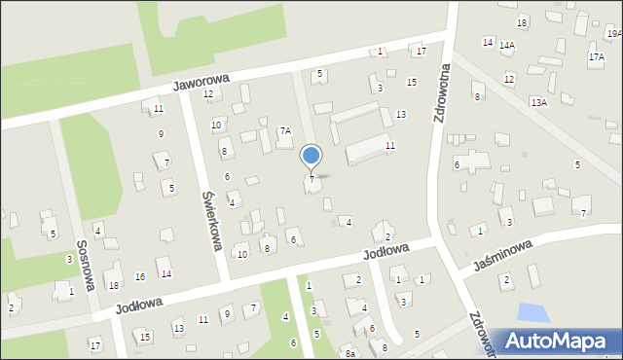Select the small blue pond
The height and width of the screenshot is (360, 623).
point(532,313)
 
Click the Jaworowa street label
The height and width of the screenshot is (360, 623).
point(201,84)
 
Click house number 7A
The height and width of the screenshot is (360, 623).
point(285,130)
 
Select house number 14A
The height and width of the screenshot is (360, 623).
point(507,45)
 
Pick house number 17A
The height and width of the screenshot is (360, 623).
point(596,57)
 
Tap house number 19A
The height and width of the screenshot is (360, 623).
point(614,33)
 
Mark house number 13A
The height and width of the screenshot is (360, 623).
point(538,101)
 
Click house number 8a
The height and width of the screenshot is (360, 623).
point(349,354)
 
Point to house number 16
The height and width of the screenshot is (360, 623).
point(140,277)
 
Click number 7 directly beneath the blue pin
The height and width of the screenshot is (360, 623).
point(311,179)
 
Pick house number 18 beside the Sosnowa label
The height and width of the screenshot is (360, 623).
point(114,285)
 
